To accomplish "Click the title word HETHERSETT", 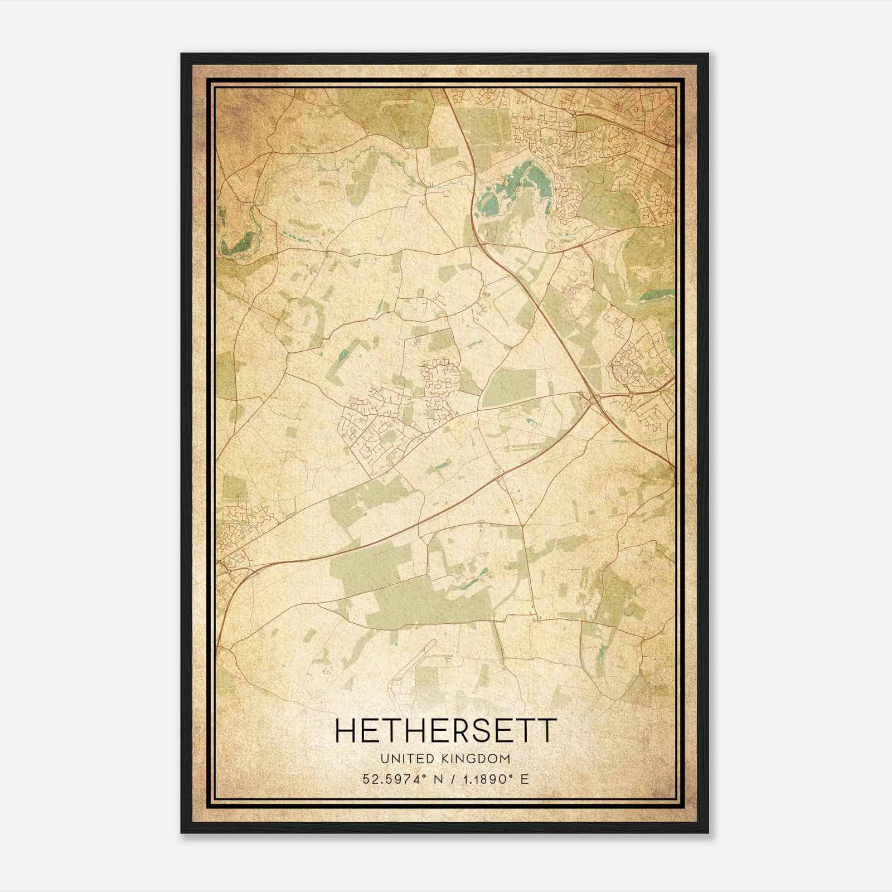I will pos(445,730).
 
